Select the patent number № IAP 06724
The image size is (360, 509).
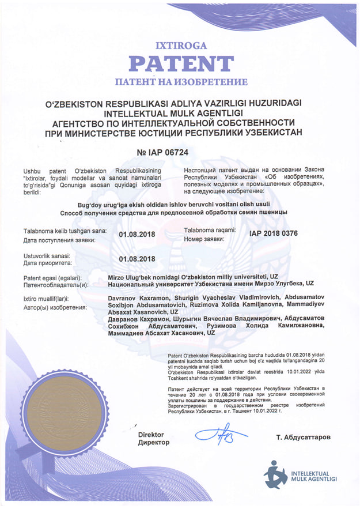(163, 153)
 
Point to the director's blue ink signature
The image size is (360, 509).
(219, 433)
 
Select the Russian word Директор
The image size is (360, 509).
(153, 442)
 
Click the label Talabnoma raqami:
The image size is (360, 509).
(210, 230)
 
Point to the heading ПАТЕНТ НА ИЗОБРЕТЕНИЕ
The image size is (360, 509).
(181, 82)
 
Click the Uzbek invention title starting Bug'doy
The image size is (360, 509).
(181, 205)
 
